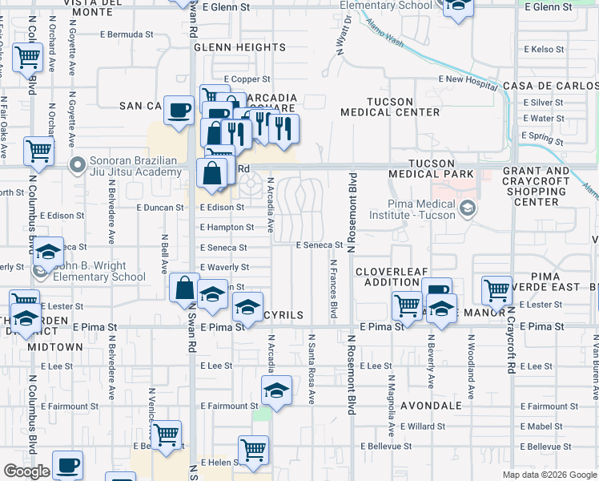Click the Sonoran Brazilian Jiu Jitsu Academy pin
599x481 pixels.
click(x=78, y=166)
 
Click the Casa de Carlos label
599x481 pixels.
click(x=549, y=86)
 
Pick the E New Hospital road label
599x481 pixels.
click(x=468, y=79)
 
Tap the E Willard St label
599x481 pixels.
click(x=422, y=426)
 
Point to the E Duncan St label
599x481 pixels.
click(x=160, y=207)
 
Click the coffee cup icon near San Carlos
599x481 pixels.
click(x=179, y=110)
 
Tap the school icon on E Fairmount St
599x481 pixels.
click(x=276, y=390)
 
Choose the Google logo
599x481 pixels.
click(x=26, y=471)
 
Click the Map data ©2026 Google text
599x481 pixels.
click(x=549, y=475)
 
